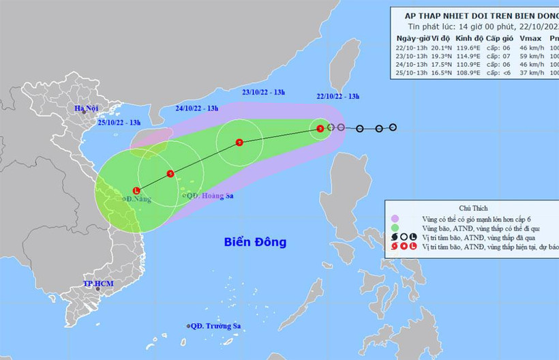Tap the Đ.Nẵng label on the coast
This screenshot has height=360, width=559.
137,199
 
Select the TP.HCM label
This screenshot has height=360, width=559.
97,283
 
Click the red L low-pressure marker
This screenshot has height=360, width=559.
136,190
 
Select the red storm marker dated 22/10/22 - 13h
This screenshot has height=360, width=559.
320,127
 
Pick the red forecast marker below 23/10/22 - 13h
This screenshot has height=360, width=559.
239,142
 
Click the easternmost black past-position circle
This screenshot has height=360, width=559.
393,127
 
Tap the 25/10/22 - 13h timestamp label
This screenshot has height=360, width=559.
119,122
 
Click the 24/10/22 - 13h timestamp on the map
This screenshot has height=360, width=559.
196,108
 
